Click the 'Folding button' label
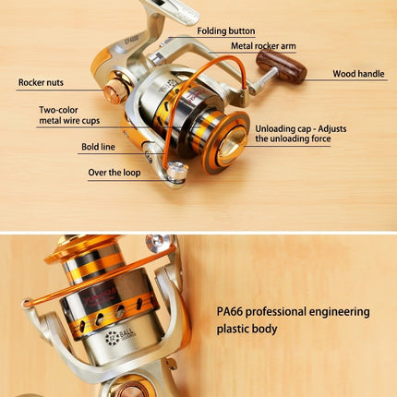pos(226,31)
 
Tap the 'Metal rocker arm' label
pos(263,46)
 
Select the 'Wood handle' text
pos(358,74)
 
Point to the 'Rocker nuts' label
pos(41,82)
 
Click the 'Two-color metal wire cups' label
pos(69,115)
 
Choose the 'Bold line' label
pos(98,147)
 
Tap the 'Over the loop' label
pos(114,173)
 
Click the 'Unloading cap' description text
pos(301,134)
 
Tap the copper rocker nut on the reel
pos(115,90)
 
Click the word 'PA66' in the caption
pos(230,311)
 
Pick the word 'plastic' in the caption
pos(233,330)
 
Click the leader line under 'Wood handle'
pos(346,80)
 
